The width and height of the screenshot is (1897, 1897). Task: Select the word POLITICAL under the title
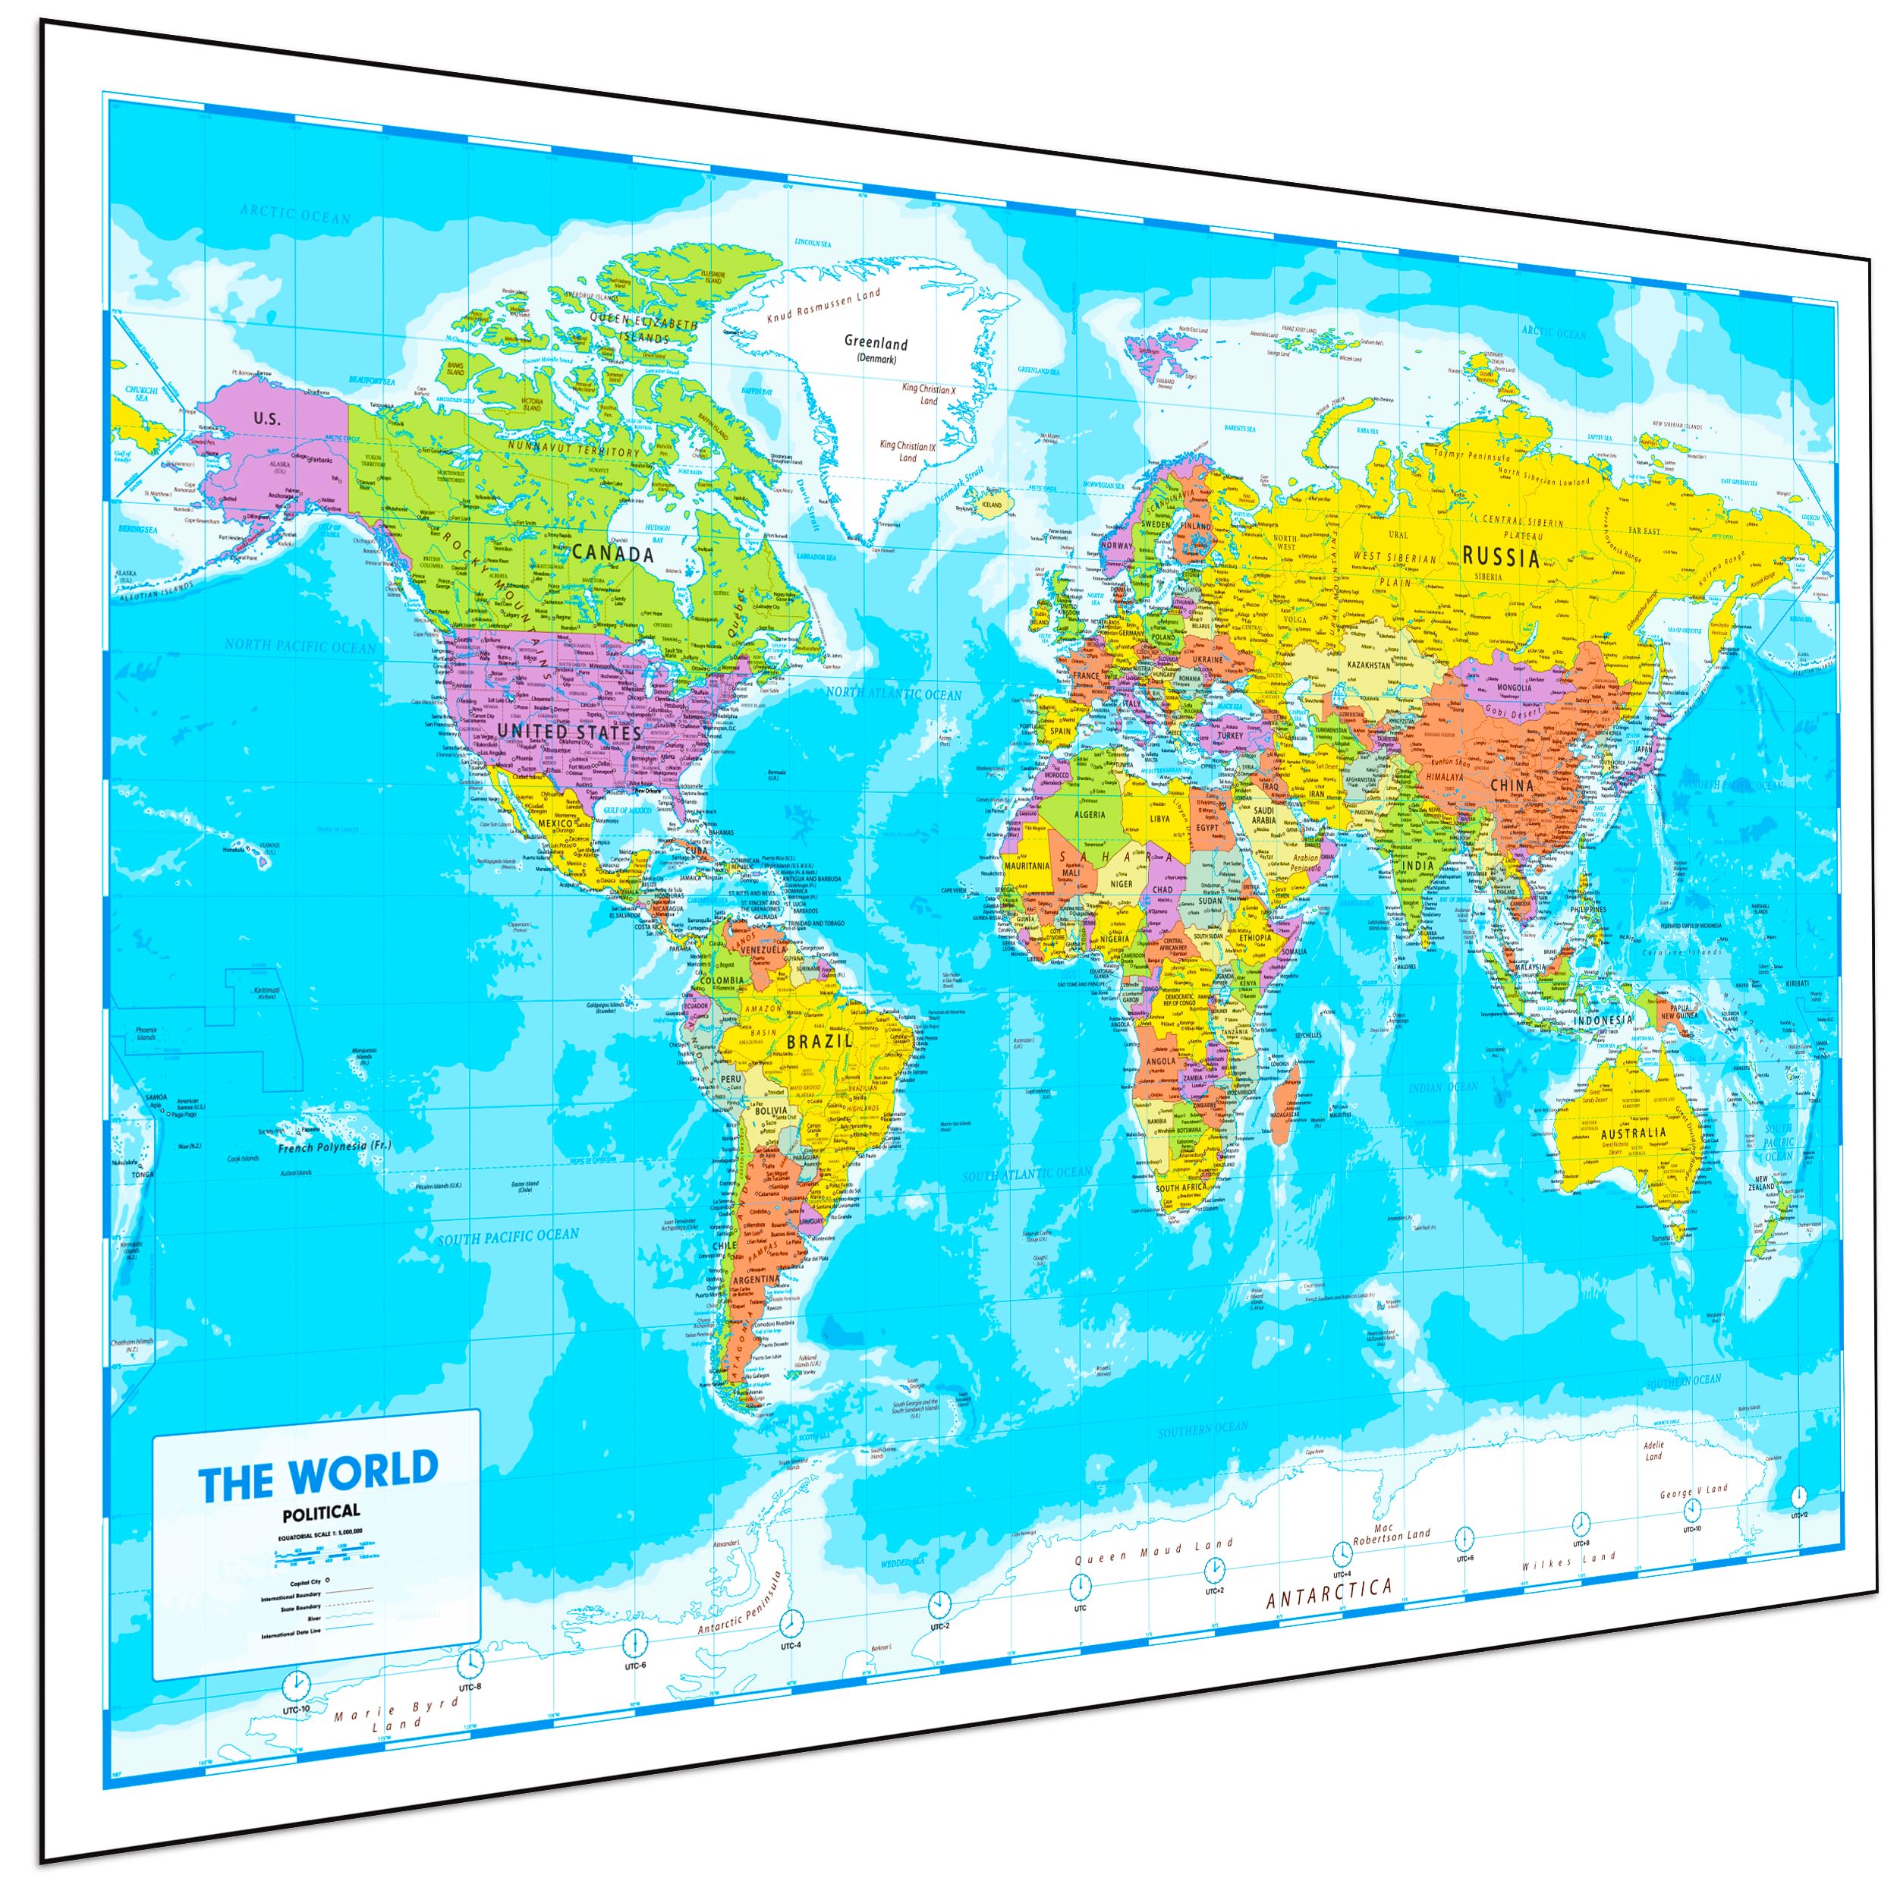(x=321, y=1512)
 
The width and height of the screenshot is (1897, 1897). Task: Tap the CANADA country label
(x=612, y=554)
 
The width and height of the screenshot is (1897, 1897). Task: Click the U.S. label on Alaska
(x=266, y=418)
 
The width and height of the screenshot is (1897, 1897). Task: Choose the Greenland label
(x=876, y=344)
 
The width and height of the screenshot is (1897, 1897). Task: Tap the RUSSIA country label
(x=1502, y=558)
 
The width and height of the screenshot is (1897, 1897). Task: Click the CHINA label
(x=1512, y=785)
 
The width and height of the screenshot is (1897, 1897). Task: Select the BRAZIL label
(x=819, y=1041)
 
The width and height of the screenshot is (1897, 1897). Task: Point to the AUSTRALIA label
(x=1633, y=1132)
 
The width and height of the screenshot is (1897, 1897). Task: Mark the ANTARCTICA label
(x=1329, y=1592)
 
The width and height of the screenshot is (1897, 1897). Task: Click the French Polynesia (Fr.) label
(x=334, y=1146)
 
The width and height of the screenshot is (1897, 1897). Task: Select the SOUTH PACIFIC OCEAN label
(x=508, y=1236)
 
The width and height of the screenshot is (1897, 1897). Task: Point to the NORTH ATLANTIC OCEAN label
(x=894, y=694)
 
